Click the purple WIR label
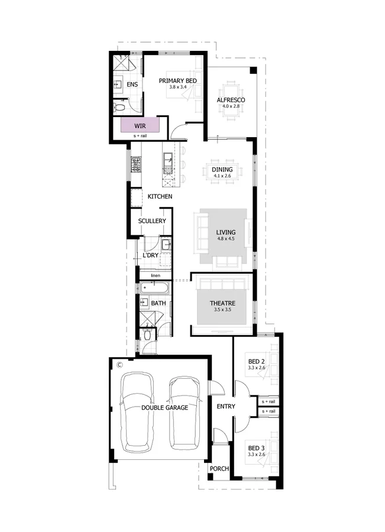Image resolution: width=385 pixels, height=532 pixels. coord(140,126)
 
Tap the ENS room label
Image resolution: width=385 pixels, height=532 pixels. coord(132,85)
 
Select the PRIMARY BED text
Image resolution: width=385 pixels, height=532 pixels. coord(177,80)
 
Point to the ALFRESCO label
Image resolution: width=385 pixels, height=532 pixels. coord(231,100)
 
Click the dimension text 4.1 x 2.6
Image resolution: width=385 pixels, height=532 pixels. coord(222,177)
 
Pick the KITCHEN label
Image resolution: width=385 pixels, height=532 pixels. coord(160,196)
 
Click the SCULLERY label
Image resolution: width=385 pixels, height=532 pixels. coord(152,221)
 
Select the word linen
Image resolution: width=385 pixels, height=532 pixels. coord(156,275)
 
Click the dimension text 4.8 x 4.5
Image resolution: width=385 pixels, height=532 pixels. coord(225,239)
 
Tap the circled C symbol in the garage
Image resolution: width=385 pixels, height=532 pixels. coord(119,364)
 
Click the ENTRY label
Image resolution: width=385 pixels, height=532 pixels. coord(226,407)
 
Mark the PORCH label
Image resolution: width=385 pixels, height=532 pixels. coord(219,469)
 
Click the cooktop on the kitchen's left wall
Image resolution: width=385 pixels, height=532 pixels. coord(135,164)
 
